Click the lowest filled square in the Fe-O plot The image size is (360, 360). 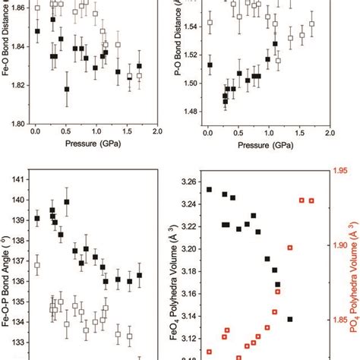[67, 90]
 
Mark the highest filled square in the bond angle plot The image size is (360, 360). [67, 202]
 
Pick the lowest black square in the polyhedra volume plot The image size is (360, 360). [290, 320]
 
